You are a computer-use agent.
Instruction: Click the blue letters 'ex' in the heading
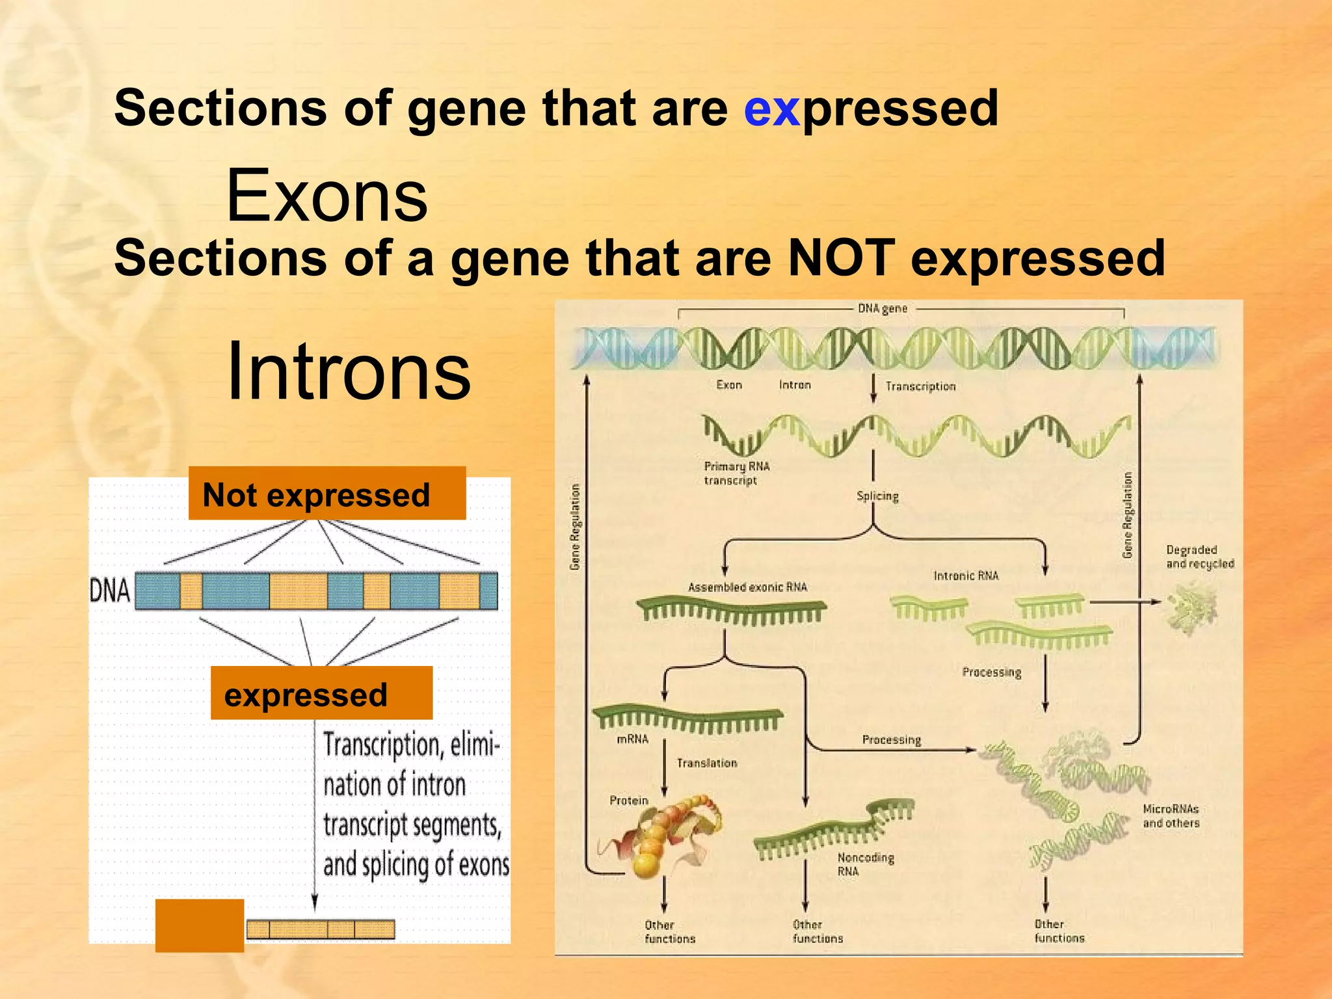point(771,109)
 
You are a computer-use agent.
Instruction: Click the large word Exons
point(326,196)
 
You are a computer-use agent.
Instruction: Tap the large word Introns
point(349,371)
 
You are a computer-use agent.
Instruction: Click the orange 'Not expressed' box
point(326,494)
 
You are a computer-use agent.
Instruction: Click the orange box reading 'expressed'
point(321,693)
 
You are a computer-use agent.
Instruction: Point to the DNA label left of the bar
point(109,591)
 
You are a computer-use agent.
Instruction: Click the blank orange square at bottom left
point(199,926)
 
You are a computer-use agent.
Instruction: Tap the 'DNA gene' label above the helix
point(882,308)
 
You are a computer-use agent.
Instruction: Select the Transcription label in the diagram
point(920,386)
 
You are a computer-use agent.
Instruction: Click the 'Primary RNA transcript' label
point(736,473)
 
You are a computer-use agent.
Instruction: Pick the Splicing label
point(877,496)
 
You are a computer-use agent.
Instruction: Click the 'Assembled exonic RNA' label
point(747,587)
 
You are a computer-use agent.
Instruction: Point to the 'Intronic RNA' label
point(966,576)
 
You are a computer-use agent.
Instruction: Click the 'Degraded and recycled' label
point(1199,557)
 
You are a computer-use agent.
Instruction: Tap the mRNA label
point(632,739)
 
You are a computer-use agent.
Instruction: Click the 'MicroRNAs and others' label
point(1171,816)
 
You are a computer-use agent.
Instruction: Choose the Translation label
point(707,763)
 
